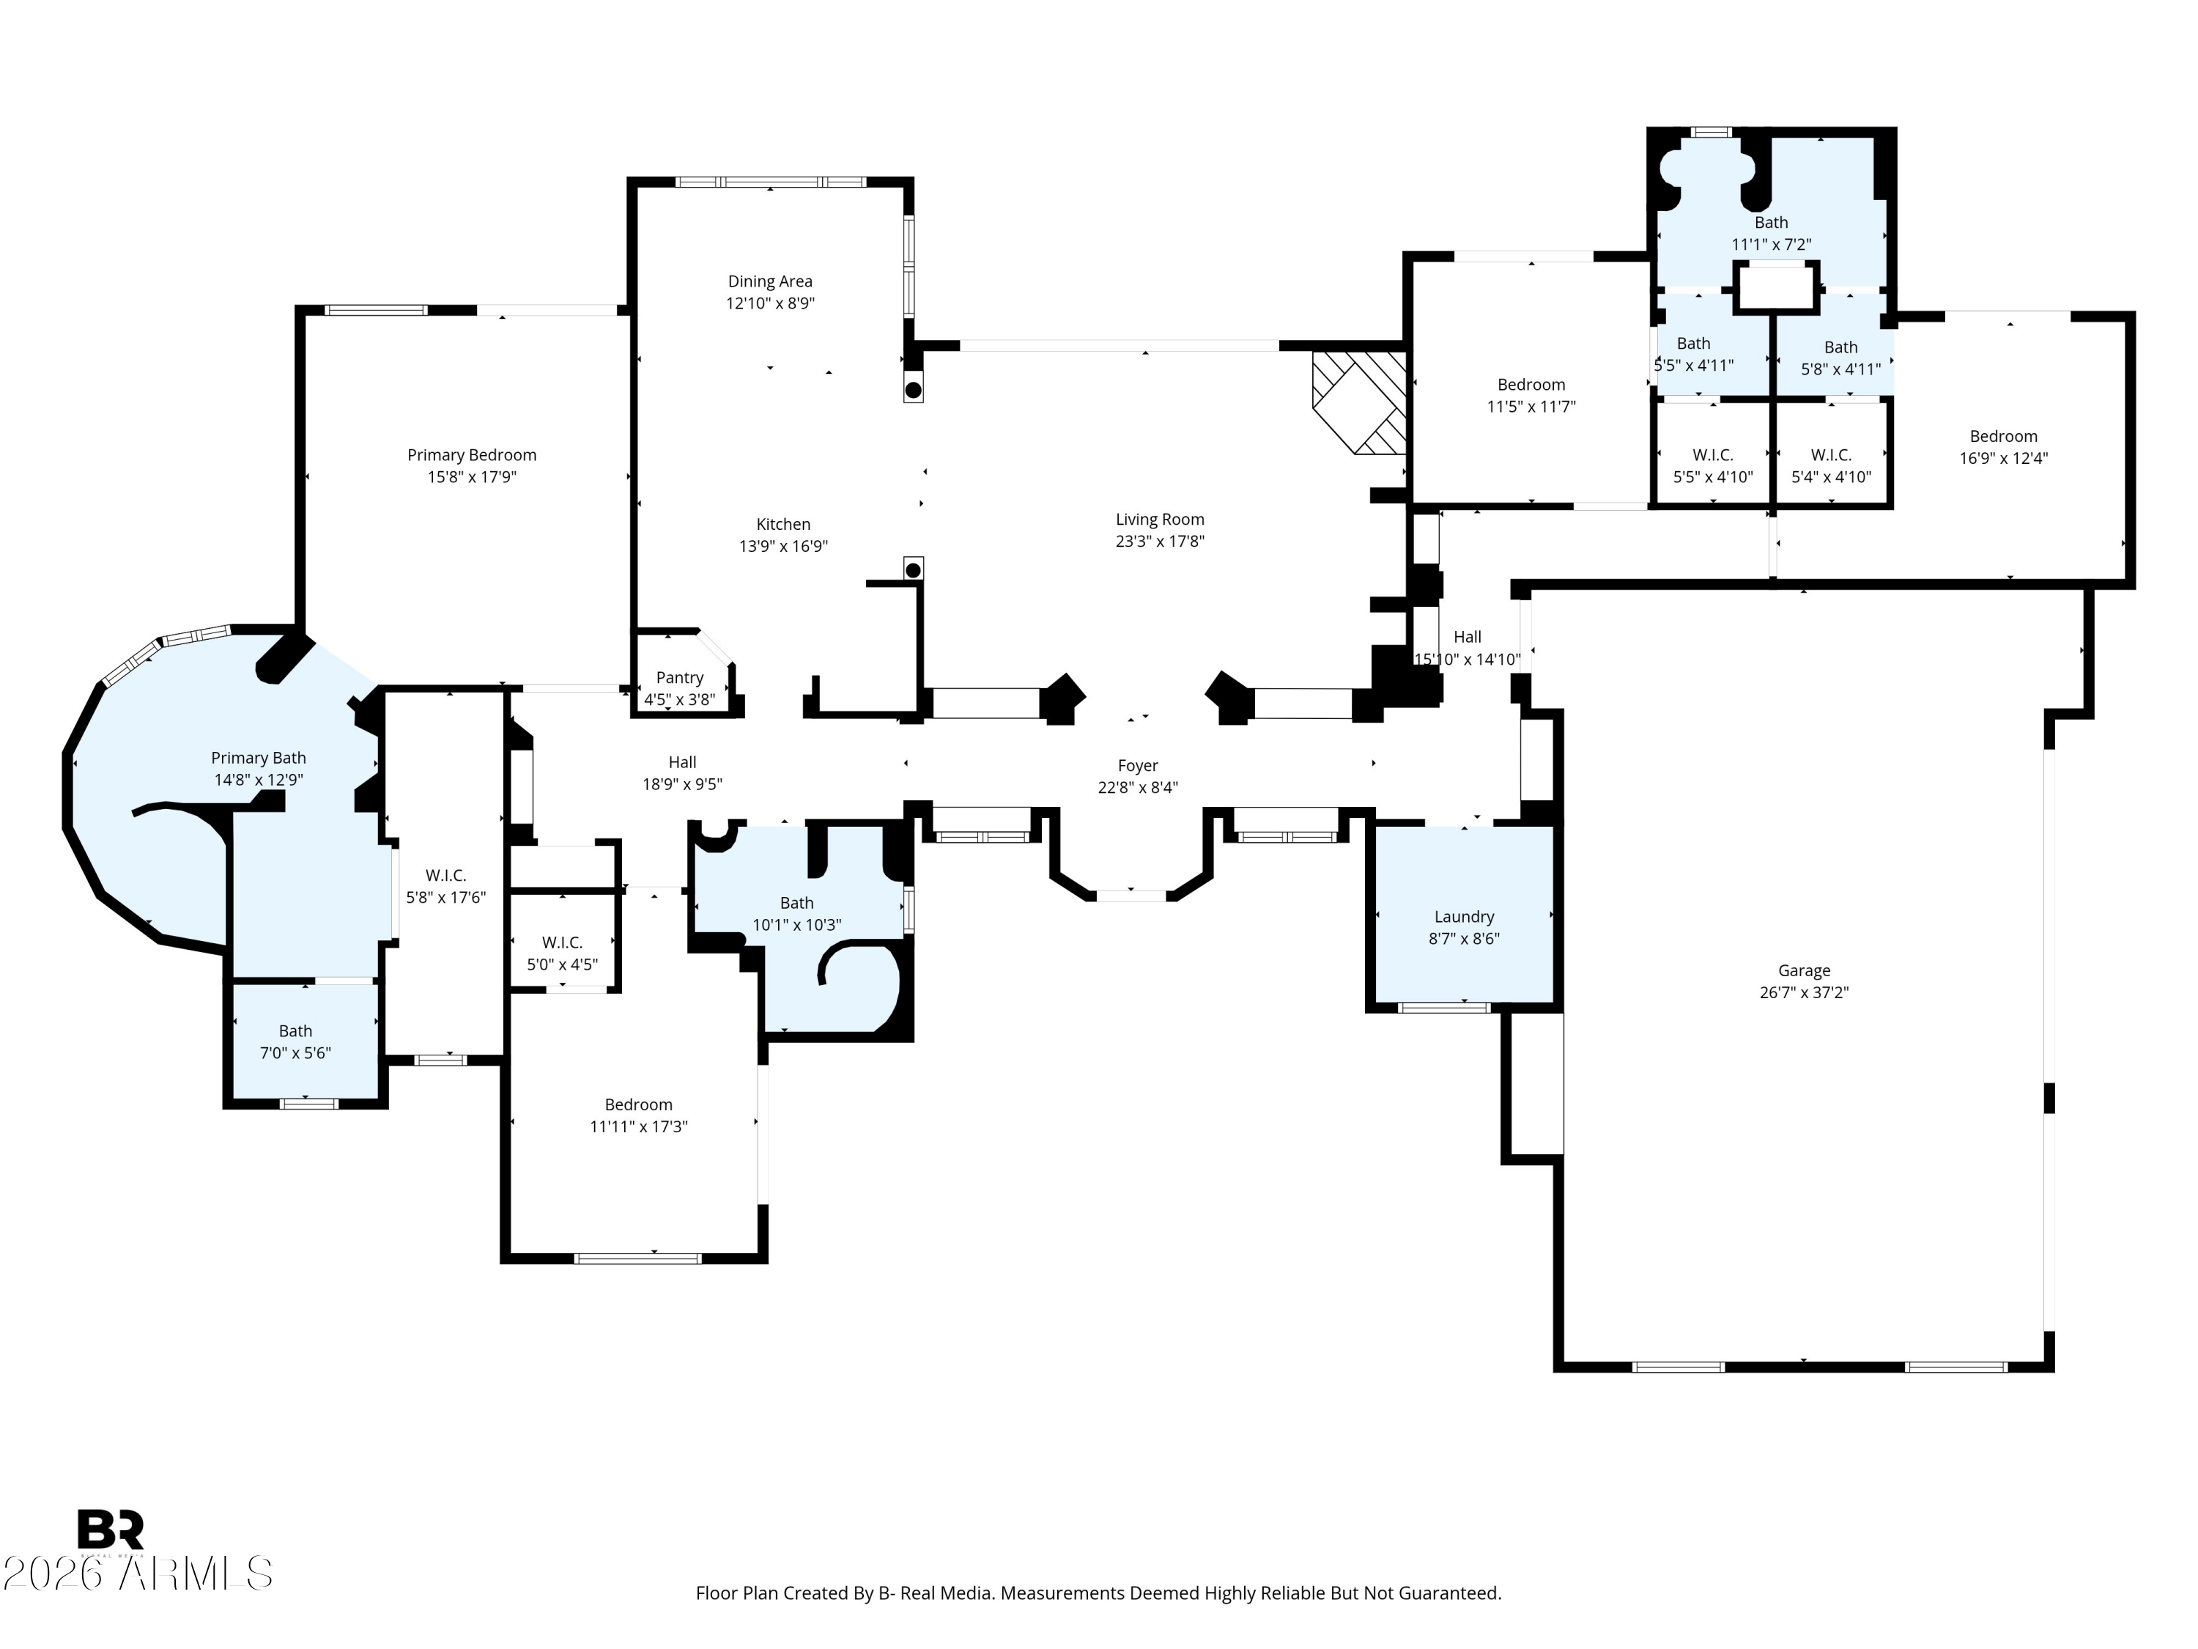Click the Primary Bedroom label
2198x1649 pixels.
[x=471, y=455]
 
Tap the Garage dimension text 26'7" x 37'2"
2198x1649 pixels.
[x=1804, y=992]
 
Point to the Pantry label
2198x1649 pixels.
[x=680, y=678]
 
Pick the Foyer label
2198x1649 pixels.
[x=1138, y=765]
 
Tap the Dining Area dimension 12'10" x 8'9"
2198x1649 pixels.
[x=770, y=303]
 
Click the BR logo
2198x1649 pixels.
[x=111, y=1530]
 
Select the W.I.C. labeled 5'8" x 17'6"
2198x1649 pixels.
[x=445, y=885]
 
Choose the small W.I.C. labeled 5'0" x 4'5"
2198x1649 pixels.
[x=563, y=952]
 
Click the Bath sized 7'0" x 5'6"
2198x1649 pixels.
[x=295, y=1041]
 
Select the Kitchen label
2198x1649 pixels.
[x=783, y=525]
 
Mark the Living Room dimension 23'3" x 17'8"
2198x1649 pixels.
[x=1160, y=542]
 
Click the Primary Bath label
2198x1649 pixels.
[x=259, y=759]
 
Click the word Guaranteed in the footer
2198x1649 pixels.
[x=1450, y=1593]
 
